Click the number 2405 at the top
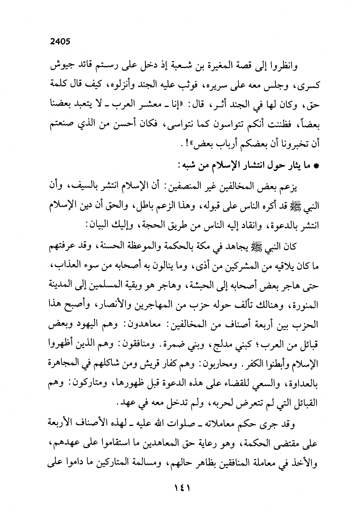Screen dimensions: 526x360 point(60,42)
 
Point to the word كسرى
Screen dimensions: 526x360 point(307,85)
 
